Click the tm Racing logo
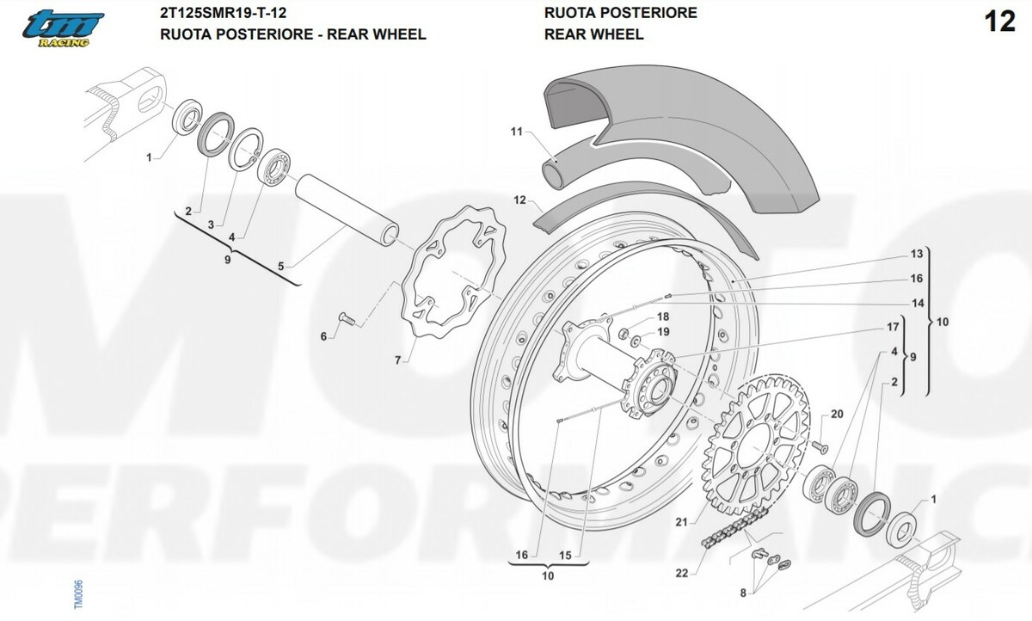[64, 29]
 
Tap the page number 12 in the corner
[1000, 22]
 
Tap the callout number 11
[516, 132]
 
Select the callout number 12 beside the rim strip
[519, 200]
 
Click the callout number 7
[397, 360]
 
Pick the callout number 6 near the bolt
[324, 336]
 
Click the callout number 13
[917, 254]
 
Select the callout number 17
[893, 328]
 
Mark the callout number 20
[837, 415]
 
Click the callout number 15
[565, 556]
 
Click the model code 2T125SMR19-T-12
[223, 13]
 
